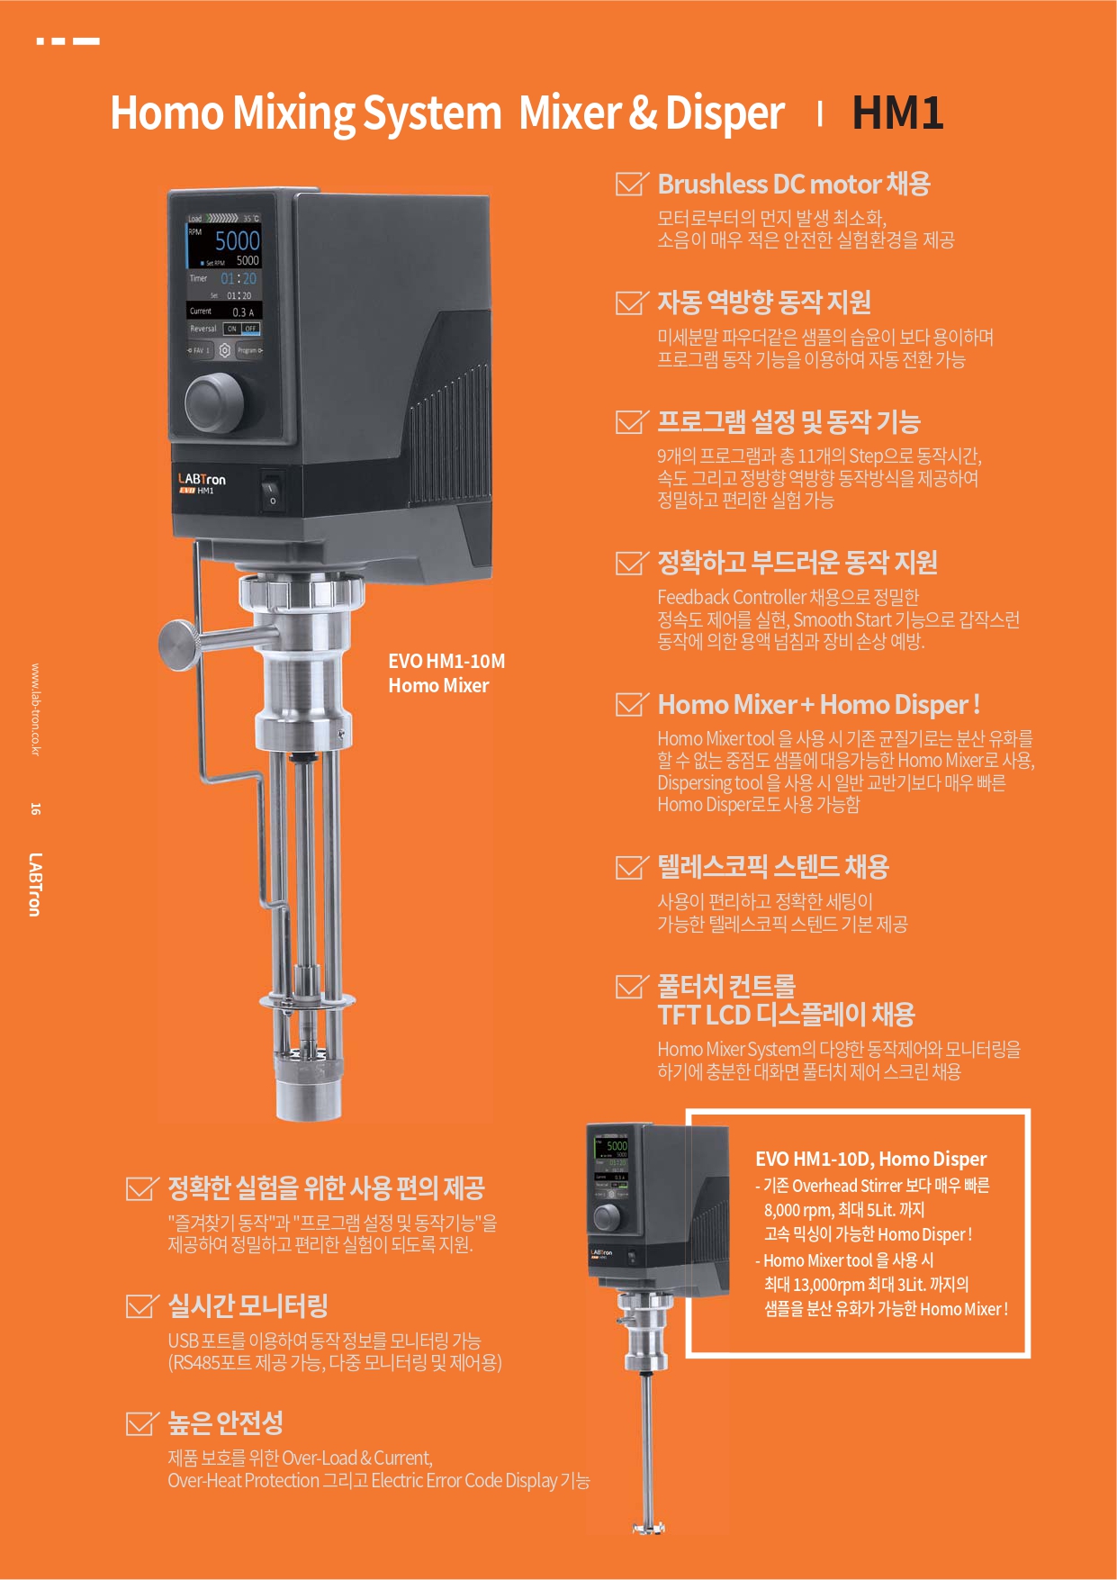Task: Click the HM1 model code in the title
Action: (x=897, y=113)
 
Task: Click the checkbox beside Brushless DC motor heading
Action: (x=630, y=184)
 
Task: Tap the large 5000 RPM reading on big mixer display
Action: (x=237, y=240)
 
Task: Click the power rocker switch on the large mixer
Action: (x=271, y=492)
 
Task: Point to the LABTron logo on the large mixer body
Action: (x=202, y=479)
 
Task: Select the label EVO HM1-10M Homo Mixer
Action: (x=446, y=673)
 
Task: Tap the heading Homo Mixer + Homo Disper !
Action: (x=817, y=704)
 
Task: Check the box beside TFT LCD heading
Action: (x=630, y=987)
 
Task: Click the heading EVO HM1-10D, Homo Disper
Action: (x=870, y=1159)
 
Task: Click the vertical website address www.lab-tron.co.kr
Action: (x=35, y=709)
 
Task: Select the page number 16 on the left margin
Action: (x=35, y=808)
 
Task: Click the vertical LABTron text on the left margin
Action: (x=35, y=884)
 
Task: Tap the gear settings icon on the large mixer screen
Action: (x=224, y=350)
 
